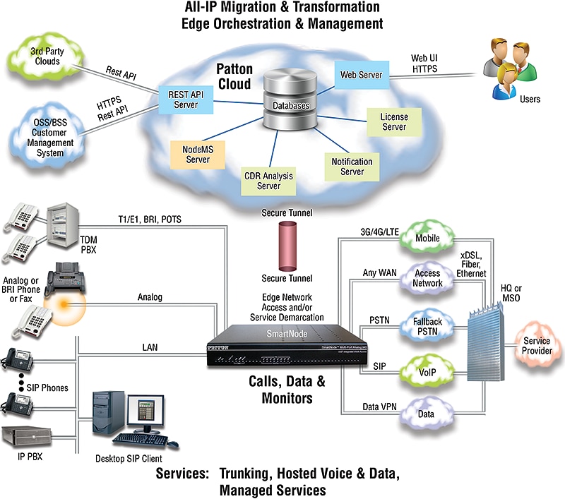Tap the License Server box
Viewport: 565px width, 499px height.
click(393, 121)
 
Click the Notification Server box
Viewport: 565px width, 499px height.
click(352, 167)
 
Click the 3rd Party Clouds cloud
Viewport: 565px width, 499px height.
click(45, 56)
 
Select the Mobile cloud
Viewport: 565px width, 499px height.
click(427, 239)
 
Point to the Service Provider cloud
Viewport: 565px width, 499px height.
click(536, 345)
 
